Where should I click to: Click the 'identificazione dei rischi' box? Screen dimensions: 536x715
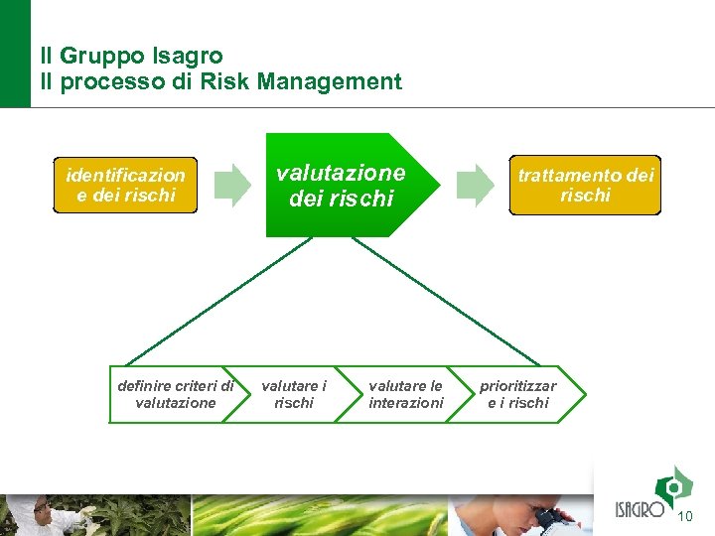[x=125, y=186]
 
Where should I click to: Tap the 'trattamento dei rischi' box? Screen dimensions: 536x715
[x=585, y=186]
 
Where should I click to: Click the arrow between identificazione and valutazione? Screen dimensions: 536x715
[x=233, y=186]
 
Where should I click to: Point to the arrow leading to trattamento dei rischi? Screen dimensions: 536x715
[x=474, y=186]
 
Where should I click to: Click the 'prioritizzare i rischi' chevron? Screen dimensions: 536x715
[x=518, y=394]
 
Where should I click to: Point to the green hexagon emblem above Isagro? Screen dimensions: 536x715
[x=674, y=485]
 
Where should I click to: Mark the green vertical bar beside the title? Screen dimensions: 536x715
[x=15, y=53]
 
